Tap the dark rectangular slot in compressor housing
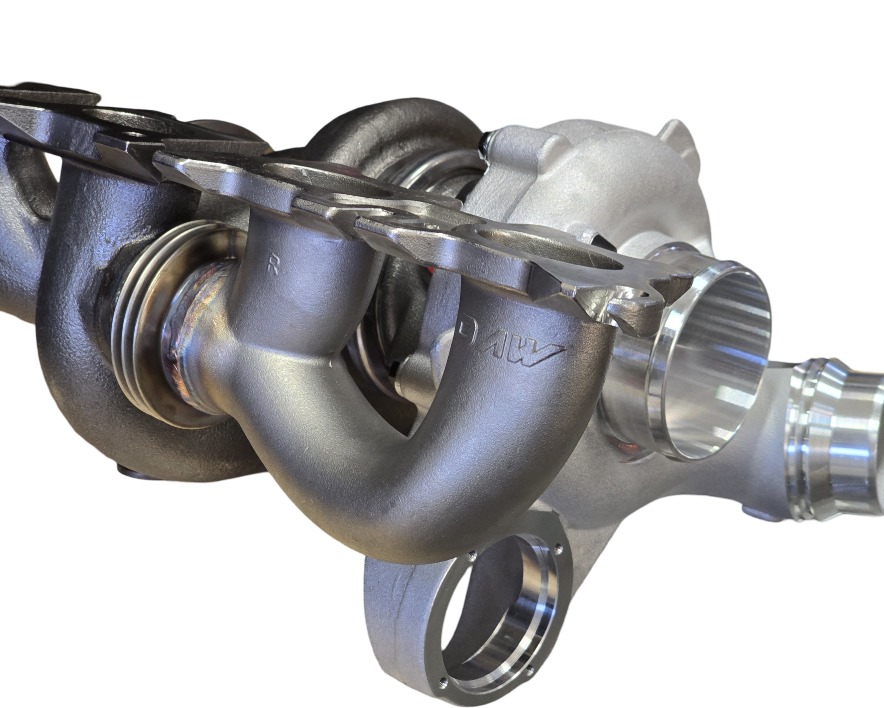click(599, 241)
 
